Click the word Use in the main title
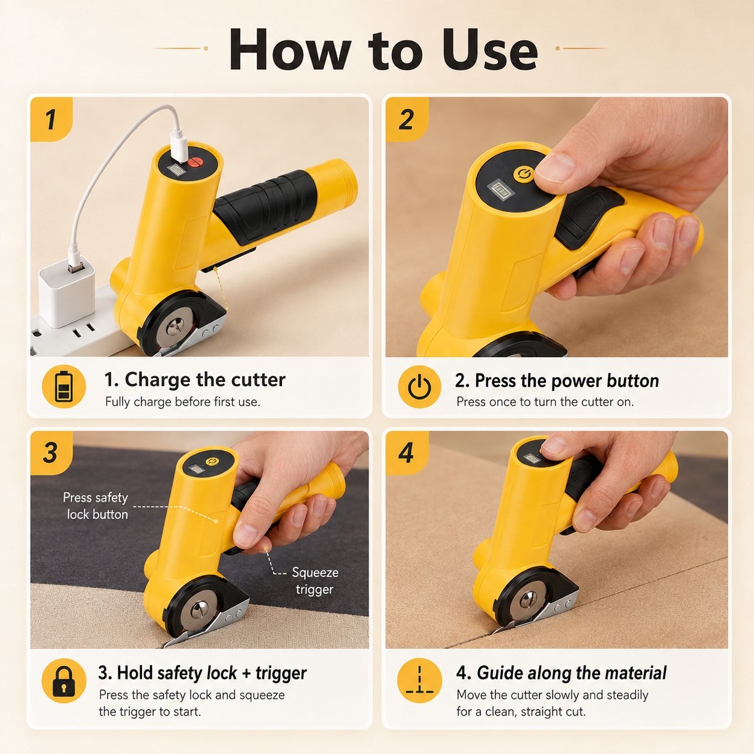click(489, 50)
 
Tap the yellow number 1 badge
click(51, 119)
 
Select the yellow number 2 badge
click(406, 119)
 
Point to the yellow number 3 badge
click(51, 453)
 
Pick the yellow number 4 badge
click(406, 453)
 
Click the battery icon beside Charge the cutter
click(64, 387)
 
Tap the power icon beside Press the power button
click(420, 387)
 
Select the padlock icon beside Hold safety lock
click(64, 681)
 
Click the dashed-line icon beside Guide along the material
click(420, 681)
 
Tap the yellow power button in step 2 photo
click(523, 174)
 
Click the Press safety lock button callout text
click(96, 506)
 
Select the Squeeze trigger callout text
click(315, 581)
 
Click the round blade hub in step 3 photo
click(200, 609)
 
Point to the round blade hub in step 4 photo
click(529, 599)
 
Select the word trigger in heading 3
click(281, 673)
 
